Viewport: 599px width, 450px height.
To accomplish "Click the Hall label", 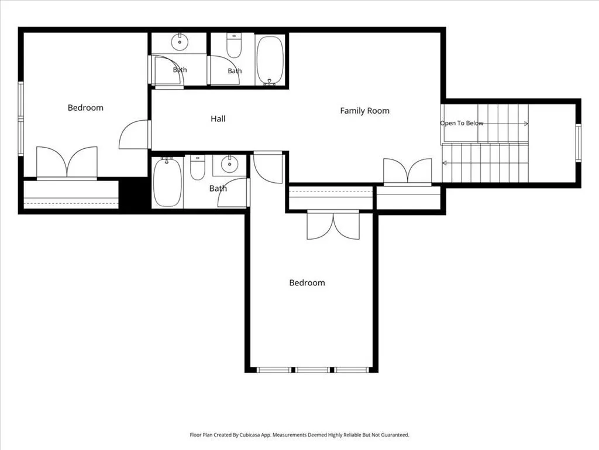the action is click(218, 118).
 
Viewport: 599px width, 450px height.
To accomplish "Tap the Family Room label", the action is click(365, 111).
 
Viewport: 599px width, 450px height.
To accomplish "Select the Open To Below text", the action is click(462, 123).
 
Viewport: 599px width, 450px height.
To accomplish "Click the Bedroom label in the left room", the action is click(85, 108).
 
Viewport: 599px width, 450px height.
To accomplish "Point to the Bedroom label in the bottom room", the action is click(307, 283).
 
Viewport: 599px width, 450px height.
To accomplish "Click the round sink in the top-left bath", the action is click(179, 42).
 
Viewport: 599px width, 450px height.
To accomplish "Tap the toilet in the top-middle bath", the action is click(234, 46).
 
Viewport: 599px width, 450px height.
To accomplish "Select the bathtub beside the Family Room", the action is click(270, 60).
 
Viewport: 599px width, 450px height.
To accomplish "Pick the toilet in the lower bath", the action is click(198, 168).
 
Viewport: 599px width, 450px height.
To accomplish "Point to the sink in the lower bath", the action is click(229, 165).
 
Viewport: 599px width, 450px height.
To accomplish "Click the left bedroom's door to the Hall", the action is click(135, 134).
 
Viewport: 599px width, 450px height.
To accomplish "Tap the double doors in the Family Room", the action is click(408, 172).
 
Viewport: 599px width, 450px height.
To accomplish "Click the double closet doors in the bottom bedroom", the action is click(333, 225).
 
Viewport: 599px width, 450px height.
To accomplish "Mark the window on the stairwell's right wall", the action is click(579, 143).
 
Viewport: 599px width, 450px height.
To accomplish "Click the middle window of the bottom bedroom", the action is click(312, 370).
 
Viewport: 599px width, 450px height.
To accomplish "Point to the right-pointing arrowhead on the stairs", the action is click(526, 124).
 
